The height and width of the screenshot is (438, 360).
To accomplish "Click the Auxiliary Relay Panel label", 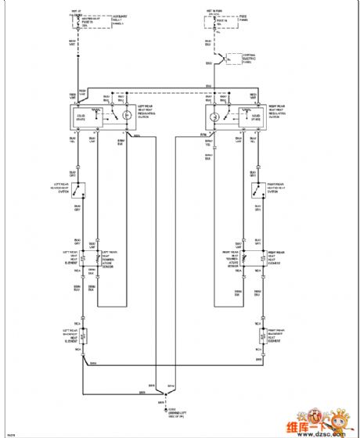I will [99, 21].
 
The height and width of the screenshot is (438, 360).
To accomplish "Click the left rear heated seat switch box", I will [79, 188].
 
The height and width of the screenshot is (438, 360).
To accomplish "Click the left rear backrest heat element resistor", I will [79, 337].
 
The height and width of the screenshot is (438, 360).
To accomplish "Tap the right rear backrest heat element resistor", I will [258, 337].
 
